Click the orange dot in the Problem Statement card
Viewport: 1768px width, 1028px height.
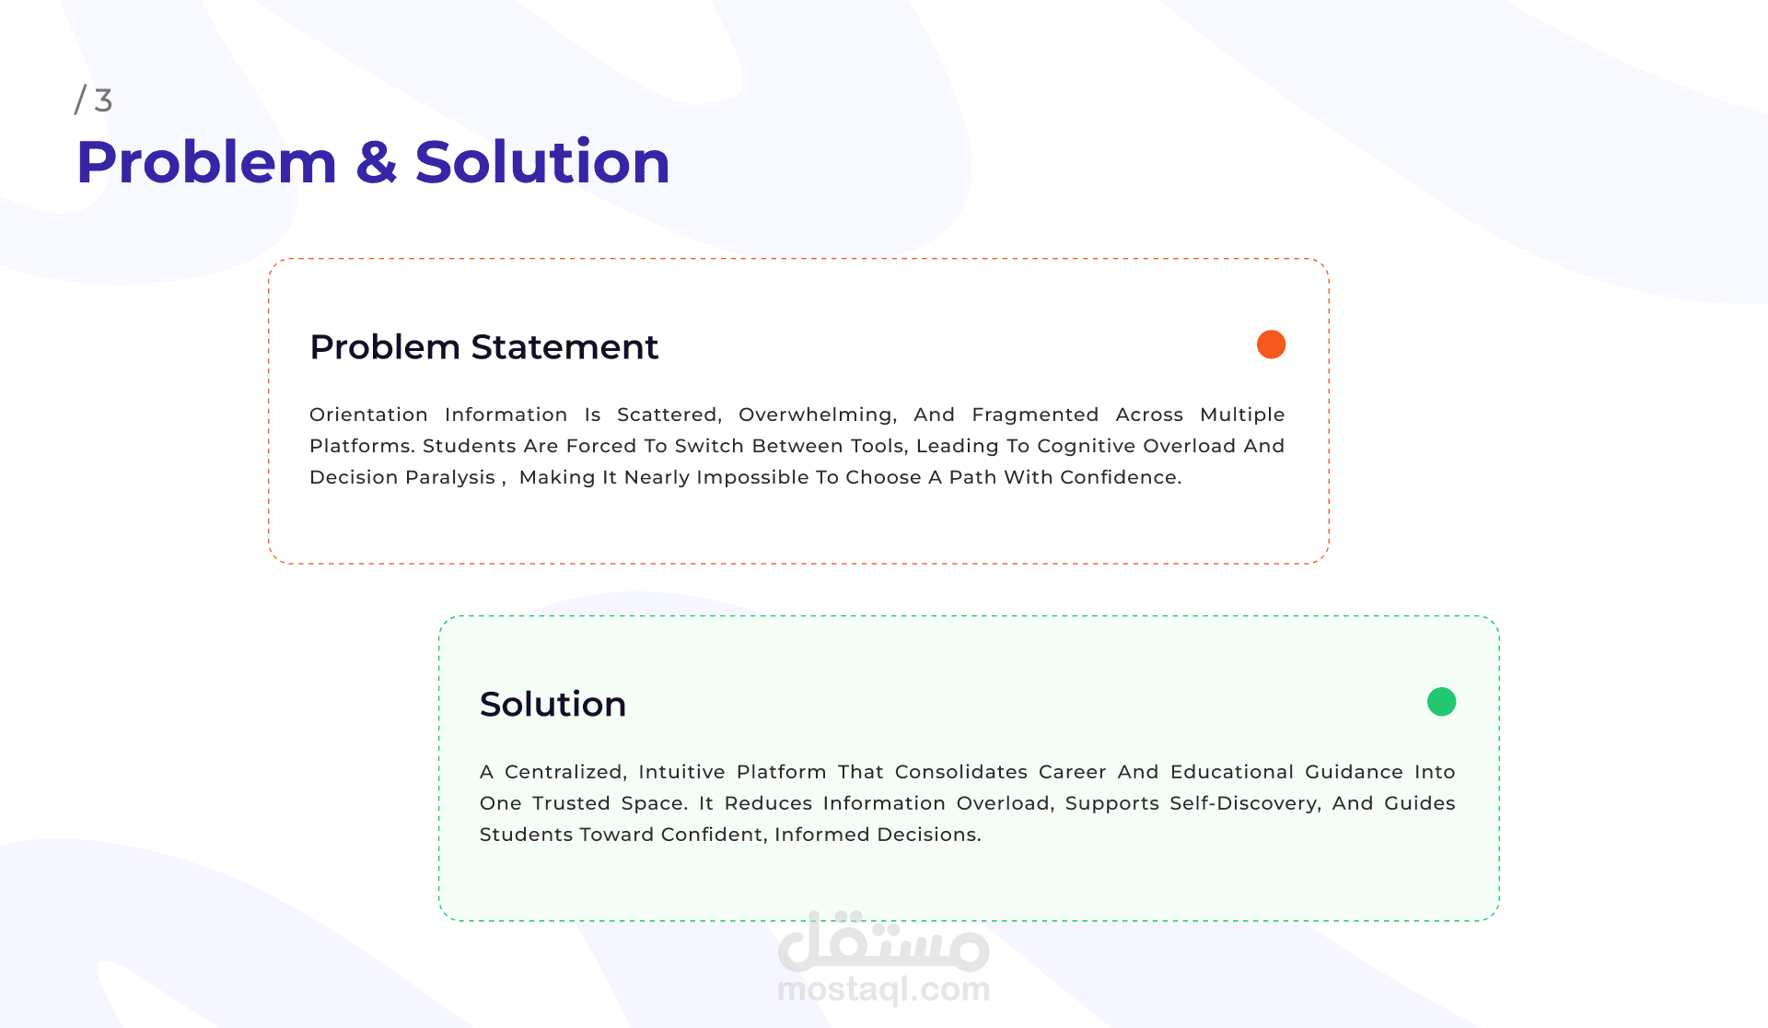pyautogui.click(x=1271, y=345)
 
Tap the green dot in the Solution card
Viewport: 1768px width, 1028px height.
pyautogui.click(x=1441, y=702)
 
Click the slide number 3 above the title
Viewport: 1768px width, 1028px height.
pyautogui.click(x=103, y=100)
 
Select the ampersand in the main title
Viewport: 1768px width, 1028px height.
pyautogui.click(x=376, y=162)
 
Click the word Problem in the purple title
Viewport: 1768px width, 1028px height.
pyautogui.click(x=207, y=162)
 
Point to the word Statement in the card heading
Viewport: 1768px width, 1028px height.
pyautogui.click(x=564, y=347)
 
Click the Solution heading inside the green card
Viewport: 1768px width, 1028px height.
pyautogui.click(x=552, y=705)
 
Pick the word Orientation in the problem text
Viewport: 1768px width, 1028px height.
pyautogui.click(x=368, y=415)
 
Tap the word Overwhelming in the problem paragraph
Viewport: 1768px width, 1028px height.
pyautogui.click(x=818, y=415)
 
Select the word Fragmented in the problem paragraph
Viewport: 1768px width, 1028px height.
pyautogui.click(x=1035, y=415)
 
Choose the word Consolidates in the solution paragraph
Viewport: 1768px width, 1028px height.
pyautogui.click(x=961, y=772)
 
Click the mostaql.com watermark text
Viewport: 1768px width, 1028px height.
pyautogui.click(x=884, y=989)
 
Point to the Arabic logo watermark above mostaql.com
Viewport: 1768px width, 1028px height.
pyautogui.click(x=884, y=941)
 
